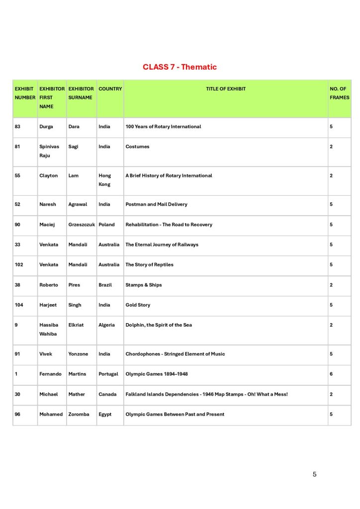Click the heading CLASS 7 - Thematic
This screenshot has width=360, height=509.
point(180,67)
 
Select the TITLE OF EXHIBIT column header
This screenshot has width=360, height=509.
point(226,89)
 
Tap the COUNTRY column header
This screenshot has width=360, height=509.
point(110,89)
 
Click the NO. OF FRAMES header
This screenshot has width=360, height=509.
point(339,93)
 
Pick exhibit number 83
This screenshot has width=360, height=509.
point(18,127)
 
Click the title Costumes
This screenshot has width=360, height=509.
point(137,147)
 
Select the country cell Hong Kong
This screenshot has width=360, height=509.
point(104,180)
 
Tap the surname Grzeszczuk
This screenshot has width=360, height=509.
point(82,225)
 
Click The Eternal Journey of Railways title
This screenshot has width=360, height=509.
point(162,245)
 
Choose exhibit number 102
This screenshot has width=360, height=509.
point(19,264)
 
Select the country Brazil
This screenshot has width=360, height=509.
point(105,285)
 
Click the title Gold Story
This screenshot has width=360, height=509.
point(138,305)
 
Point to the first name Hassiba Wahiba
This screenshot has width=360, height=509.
point(49,330)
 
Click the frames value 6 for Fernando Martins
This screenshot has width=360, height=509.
point(331,374)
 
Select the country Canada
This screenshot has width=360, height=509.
point(107,394)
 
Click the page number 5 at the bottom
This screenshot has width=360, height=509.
point(314,474)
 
